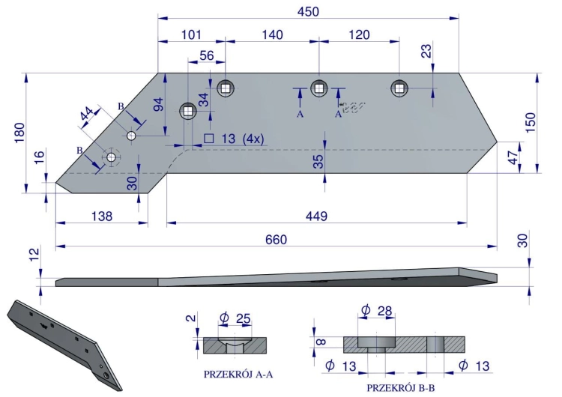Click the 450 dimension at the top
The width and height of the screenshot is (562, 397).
pyautogui.click(x=308, y=11)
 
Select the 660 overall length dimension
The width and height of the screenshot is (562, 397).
pyautogui.click(x=276, y=240)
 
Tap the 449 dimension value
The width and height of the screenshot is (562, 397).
pyautogui.click(x=316, y=216)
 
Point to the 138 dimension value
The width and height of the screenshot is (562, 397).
pyautogui.click(x=102, y=216)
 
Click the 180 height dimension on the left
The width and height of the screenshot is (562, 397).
pyautogui.click(x=19, y=133)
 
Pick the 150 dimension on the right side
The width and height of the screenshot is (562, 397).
pyautogui.click(x=531, y=122)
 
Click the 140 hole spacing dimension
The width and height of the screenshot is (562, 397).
pyautogui.click(x=273, y=34)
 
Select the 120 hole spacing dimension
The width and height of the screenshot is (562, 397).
pyautogui.click(x=359, y=34)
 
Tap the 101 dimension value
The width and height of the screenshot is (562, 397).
pyautogui.click(x=191, y=34)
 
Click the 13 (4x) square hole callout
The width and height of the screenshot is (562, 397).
pyautogui.click(x=234, y=139)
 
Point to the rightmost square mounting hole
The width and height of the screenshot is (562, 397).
pyautogui.click(x=399, y=88)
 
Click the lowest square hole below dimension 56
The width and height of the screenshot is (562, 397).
pyautogui.click(x=188, y=111)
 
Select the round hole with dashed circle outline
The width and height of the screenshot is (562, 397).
pyautogui.click(x=112, y=157)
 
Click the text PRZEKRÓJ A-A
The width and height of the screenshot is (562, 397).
pyautogui.click(x=238, y=375)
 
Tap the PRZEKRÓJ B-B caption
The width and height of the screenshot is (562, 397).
pyautogui.click(x=401, y=388)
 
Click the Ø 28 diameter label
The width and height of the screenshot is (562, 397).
pyautogui.click(x=377, y=309)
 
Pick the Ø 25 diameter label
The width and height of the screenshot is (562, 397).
pyautogui.click(x=235, y=318)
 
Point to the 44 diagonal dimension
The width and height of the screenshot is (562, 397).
pyautogui.click(x=87, y=113)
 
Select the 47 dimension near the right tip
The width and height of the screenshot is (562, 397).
pyautogui.click(x=513, y=157)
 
